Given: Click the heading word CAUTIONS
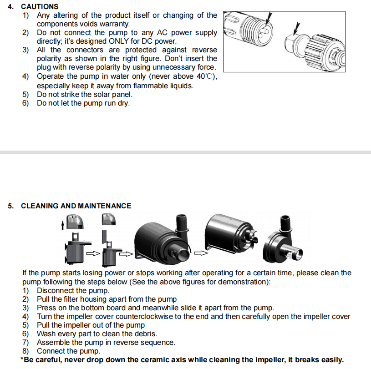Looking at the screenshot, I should pos(40,7).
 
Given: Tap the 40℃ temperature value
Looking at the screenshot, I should pos(203,76).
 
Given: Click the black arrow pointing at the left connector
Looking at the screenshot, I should pos(270,18).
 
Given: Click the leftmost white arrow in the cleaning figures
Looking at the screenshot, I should pos(93,253).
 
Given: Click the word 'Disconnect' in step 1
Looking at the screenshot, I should pos(54,290).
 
